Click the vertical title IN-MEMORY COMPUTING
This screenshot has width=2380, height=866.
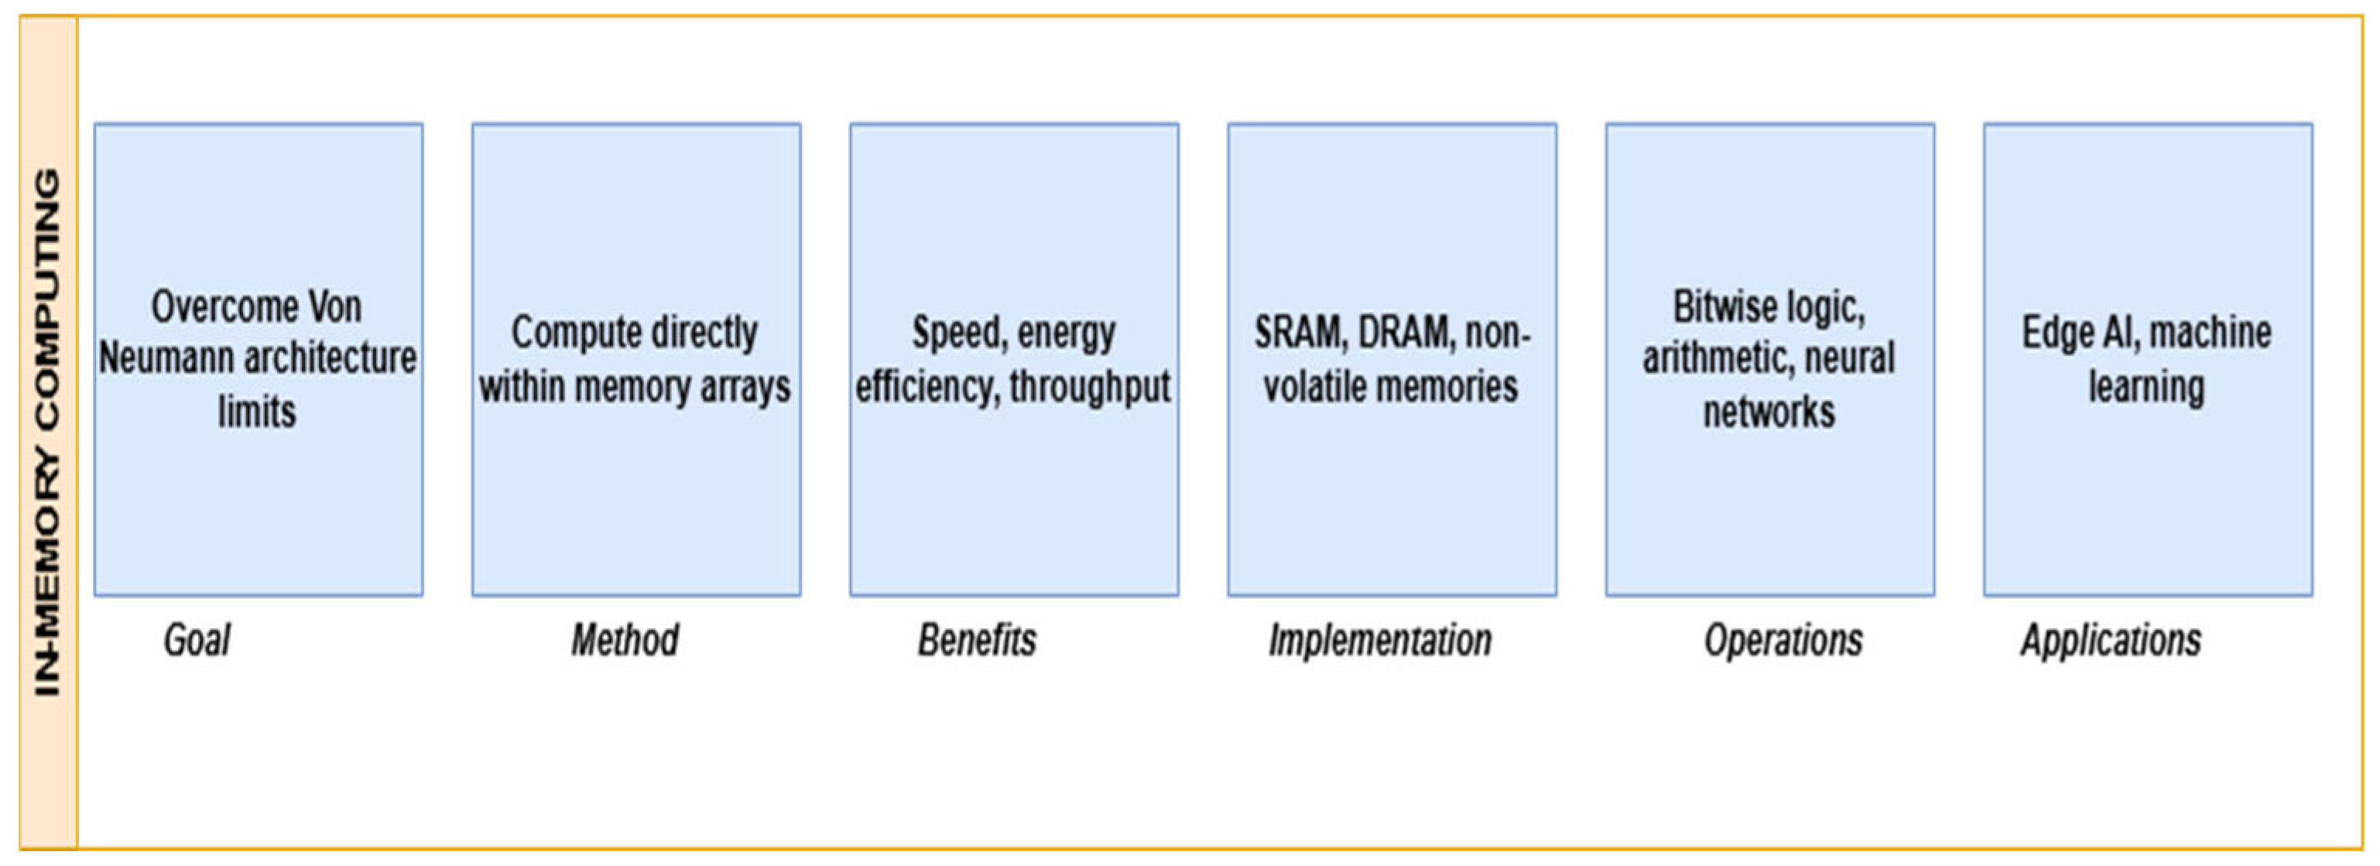[x=47, y=432]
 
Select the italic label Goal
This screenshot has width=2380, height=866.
[x=197, y=639]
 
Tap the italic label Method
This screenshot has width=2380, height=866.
[x=625, y=639]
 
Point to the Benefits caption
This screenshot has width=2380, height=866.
[x=977, y=639]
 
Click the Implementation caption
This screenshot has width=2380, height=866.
[x=1379, y=639]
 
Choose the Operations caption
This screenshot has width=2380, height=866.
[x=1783, y=639]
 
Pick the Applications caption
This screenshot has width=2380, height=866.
[x=2111, y=639]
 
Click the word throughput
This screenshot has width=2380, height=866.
[x=1091, y=387]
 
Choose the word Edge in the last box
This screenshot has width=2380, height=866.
[x=2057, y=333]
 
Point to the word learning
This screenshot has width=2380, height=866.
[x=2146, y=387]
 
